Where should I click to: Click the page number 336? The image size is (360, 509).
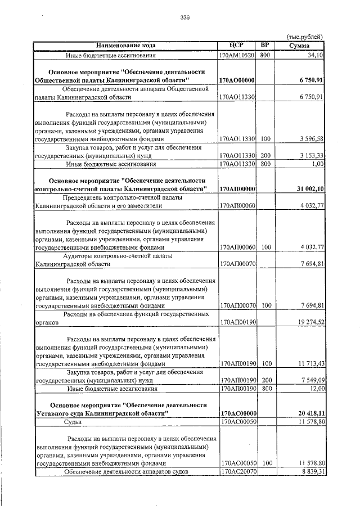(185, 17)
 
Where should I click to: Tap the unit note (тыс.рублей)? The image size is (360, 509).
(305, 37)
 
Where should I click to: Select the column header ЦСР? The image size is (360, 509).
(237, 45)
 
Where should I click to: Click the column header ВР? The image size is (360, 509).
(266, 45)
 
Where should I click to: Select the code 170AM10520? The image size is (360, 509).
(237, 56)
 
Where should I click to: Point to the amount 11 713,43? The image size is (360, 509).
(309, 364)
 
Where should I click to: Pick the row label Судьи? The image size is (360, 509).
(74, 421)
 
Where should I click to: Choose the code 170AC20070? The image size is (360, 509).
(237, 471)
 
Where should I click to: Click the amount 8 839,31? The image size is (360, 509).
(310, 471)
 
